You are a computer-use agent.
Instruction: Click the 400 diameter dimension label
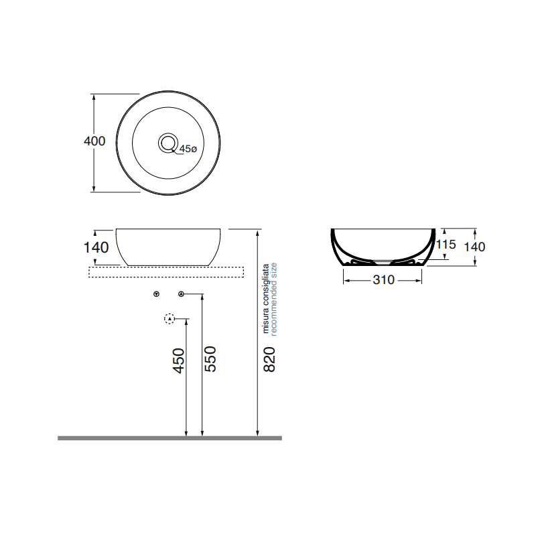pyautogui.click(x=94, y=141)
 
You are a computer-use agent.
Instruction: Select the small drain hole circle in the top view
pyautogui.click(x=167, y=143)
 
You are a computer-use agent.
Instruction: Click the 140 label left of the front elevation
pyautogui.click(x=96, y=247)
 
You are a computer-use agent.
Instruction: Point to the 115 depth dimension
pyautogui.click(x=446, y=245)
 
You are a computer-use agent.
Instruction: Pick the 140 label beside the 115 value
pyautogui.click(x=474, y=247)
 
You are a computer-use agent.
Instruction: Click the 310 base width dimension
pyautogui.click(x=383, y=280)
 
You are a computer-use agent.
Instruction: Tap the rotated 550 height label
pyautogui.click(x=210, y=359)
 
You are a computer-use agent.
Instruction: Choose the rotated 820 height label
pyautogui.click(x=269, y=360)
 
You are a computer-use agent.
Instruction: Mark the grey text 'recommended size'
pyautogui.click(x=273, y=298)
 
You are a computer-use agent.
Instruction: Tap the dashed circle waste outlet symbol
pyautogui.click(x=170, y=318)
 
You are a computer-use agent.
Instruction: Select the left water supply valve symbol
pyautogui.click(x=156, y=294)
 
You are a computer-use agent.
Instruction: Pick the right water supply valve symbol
pyautogui.click(x=181, y=294)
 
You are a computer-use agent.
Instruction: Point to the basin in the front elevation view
pyautogui.click(x=170, y=245)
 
